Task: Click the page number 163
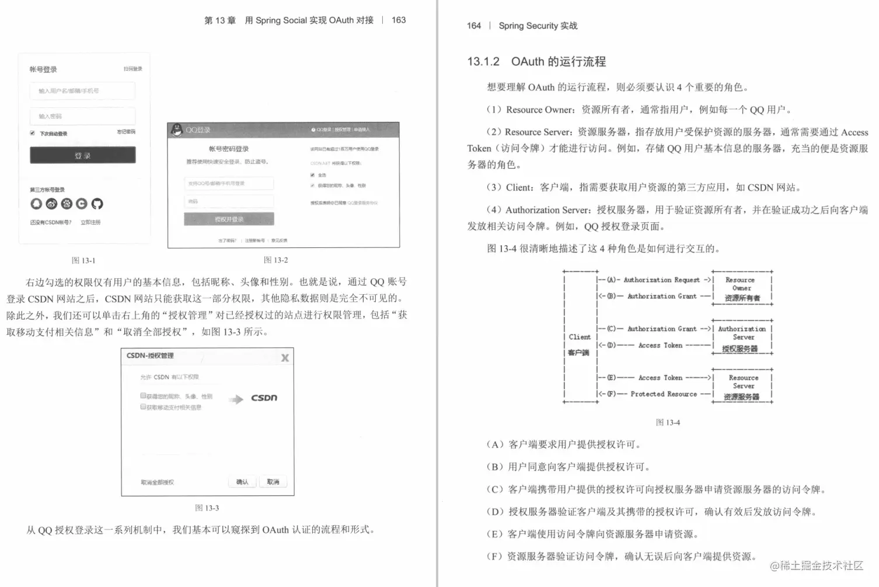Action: [399, 20]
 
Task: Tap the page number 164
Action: [474, 26]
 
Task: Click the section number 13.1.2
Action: [483, 62]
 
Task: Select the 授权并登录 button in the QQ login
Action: [229, 219]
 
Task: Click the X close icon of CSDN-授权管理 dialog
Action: [285, 358]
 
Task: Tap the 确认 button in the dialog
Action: [242, 482]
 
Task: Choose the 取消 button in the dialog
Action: [273, 482]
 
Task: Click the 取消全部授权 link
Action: [157, 483]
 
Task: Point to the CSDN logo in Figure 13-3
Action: [264, 398]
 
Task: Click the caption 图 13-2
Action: [275, 260]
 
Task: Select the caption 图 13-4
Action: [668, 422]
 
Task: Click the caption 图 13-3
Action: [207, 508]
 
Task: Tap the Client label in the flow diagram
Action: [580, 337]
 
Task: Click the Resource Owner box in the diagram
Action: [742, 288]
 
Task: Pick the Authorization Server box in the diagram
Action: [742, 338]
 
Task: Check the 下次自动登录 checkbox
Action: [33, 133]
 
